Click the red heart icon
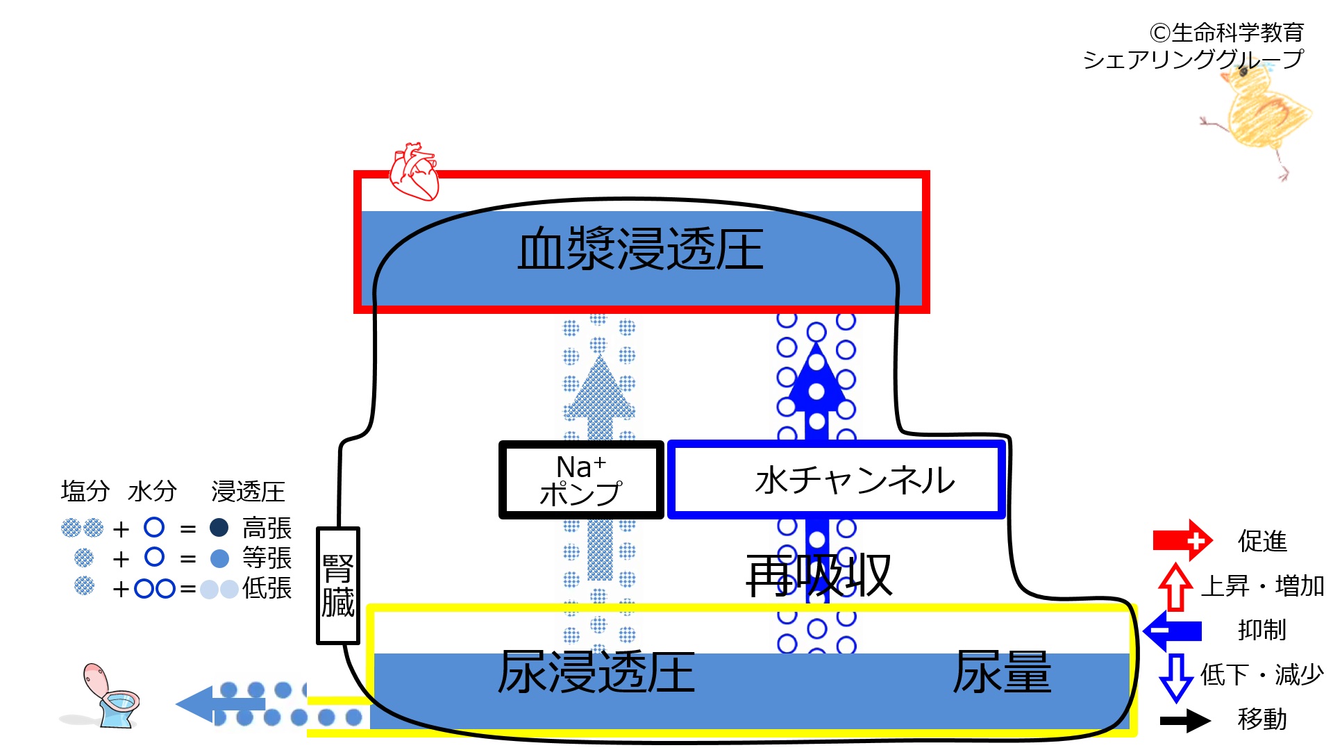pyautogui.click(x=414, y=172)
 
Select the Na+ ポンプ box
pyautogui.click(x=581, y=480)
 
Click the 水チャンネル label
pyautogui.click(x=855, y=480)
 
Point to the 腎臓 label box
pyautogui.click(x=338, y=585)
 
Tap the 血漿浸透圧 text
pyautogui.click(x=640, y=249)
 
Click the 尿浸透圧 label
pyautogui.click(x=596, y=672)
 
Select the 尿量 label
pyautogui.click(x=1002, y=672)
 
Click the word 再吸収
pyautogui.click(x=819, y=576)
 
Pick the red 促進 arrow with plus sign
pyautogui.click(x=1182, y=540)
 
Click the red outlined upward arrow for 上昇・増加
pyautogui.click(x=1175, y=587)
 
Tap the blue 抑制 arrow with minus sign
pyautogui.click(x=1173, y=631)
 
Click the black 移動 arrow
pyautogui.click(x=1185, y=720)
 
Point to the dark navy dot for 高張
pyautogui.click(x=219, y=528)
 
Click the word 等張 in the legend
pyautogui.click(x=267, y=558)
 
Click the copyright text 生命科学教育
pyautogui.click(x=1238, y=33)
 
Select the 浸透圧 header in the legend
pyautogui.click(x=249, y=492)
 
